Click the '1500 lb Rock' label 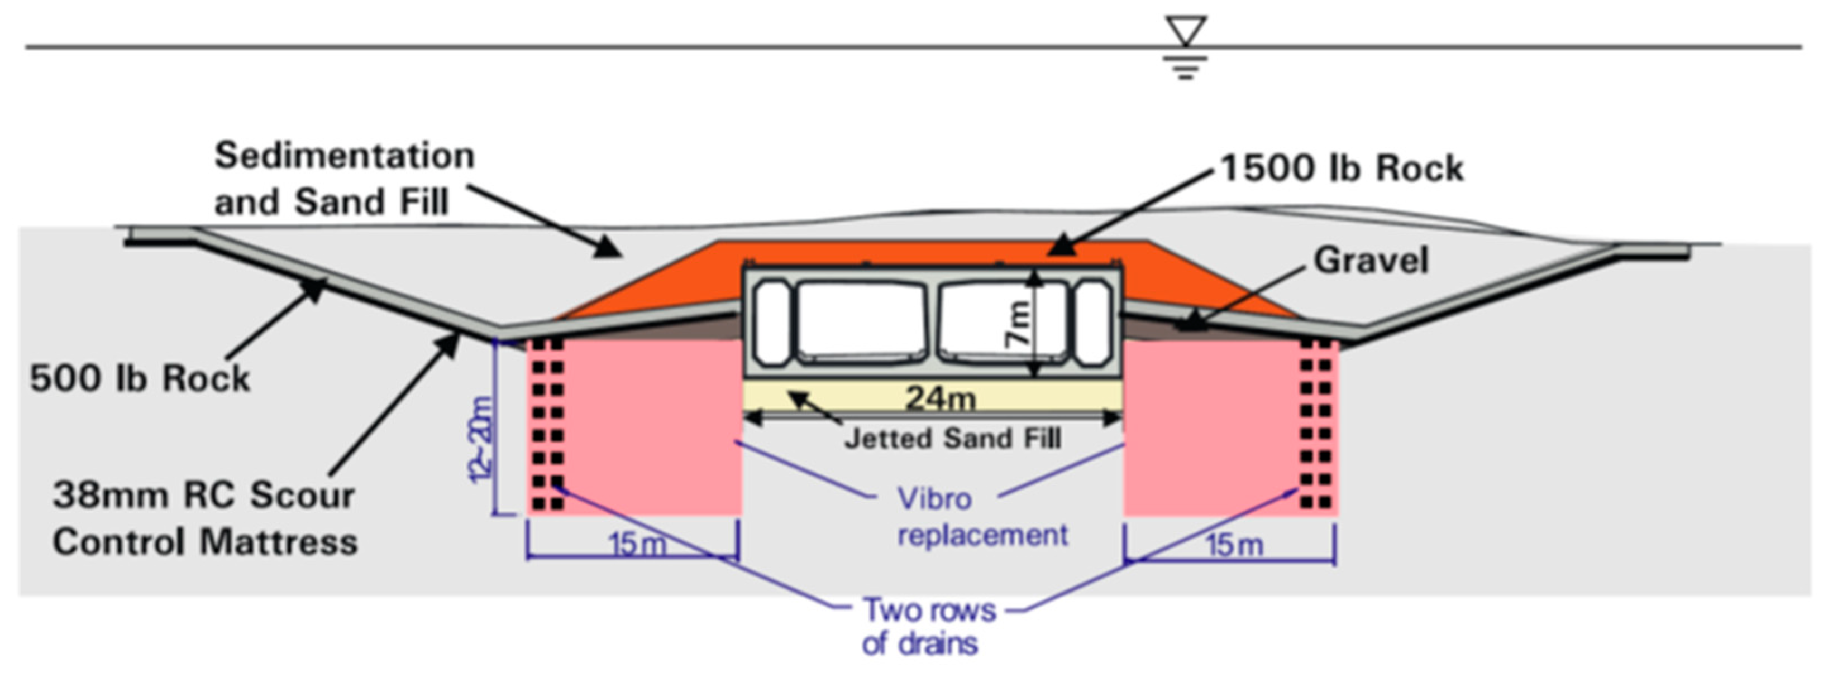click(x=1341, y=169)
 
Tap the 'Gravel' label click(x=1371, y=259)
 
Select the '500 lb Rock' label click(x=140, y=378)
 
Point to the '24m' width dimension click(x=941, y=398)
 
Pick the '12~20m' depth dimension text click(x=480, y=440)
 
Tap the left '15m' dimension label click(x=638, y=544)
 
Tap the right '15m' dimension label click(x=1235, y=545)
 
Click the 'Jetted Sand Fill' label click(x=953, y=438)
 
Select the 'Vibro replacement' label click(x=983, y=516)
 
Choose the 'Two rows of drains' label click(x=929, y=626)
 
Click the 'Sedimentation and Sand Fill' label click(x=345, y=178)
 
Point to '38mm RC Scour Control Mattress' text click(x=205, y=518)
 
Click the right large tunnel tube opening click(x=1003, y=320)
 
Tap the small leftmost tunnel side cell click(x=772, y=322)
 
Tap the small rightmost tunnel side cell click(x=1093, y=322)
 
